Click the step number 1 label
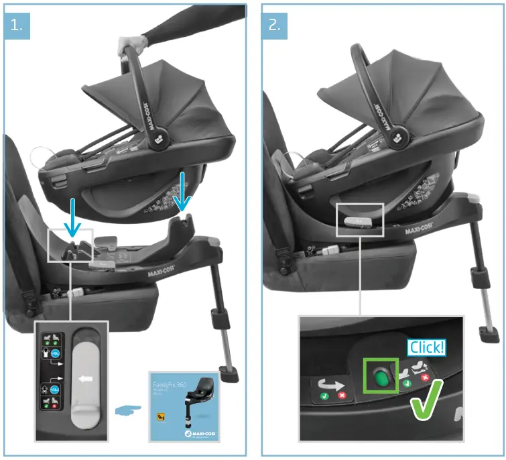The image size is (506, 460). [16, 25]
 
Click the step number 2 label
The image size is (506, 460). [274, 25]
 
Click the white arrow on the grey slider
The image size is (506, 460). [86, 378]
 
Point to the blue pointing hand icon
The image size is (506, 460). [128, 408]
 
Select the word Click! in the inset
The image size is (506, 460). [426, 348]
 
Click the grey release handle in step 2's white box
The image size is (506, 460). [356, 221]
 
